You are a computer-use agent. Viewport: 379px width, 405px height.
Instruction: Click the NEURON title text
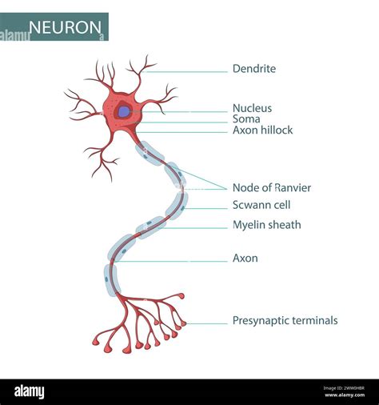pyautogui.click(x=65, y=27)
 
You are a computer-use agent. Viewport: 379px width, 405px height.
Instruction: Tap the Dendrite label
pyautogui.click(x=254, y=69)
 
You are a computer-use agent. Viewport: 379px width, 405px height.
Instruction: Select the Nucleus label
pyautogui.click(x=252, y=108)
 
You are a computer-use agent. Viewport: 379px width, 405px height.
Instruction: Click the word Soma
pyautogui.click(x=246, y=119)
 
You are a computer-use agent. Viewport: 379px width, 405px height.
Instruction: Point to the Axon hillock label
pyautogui.click(x=262, y=130)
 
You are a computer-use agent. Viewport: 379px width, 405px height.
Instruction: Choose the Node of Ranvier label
pyautogui.click(x=272, y=188)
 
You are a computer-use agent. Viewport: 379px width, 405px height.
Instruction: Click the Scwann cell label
pyautogui.click(x=261, y=205)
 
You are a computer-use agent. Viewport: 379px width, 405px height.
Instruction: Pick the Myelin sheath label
pyautogui.click(x=267, y=225)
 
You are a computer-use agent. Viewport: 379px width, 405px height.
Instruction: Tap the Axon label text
pyautogui.click(x=245, y=259)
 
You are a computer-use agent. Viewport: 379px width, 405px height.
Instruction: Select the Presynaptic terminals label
pyautogui.click(x=285, y=320)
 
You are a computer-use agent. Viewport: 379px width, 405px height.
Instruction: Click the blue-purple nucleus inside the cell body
pyautogui.click(x=124, y=111)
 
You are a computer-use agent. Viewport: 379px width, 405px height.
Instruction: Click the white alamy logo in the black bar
pyautogui.click(x=30, y=392)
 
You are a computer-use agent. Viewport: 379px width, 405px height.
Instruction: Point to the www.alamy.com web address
pyautogui.click(x=345, y=395)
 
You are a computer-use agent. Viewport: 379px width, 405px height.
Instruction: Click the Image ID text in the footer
pyautogui.click(x=344, y=388)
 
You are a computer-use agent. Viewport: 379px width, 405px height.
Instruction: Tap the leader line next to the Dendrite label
pyautogui.click(x=184, y=72)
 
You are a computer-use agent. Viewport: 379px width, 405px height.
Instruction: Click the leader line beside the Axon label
pyautogui.click(x=171, y=261)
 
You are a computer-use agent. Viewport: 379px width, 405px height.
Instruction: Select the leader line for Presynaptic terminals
pyautogui.click(x=207, y=323)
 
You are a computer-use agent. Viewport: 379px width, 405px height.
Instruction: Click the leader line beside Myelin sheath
pyautogui.click(x=193, y=228)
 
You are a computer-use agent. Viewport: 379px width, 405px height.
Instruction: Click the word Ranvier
pyautogui.click(x=293, y=188)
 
